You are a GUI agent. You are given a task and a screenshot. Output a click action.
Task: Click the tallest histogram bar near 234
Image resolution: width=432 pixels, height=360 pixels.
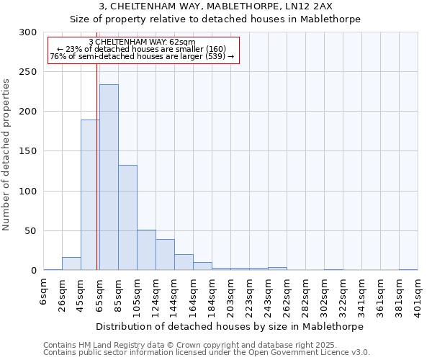pos(109,177)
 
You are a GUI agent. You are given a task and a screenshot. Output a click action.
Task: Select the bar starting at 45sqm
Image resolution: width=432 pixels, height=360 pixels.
pos(90,194)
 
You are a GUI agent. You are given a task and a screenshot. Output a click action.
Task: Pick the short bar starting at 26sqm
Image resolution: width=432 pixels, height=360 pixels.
pos(71,264)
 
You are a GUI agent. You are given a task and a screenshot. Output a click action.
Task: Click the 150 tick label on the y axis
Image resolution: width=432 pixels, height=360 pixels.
pos(29,151)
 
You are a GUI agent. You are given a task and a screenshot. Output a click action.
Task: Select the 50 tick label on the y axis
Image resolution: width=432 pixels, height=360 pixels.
pos(32,231)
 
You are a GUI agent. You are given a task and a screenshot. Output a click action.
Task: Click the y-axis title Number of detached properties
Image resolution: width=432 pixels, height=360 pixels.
pos(6,151)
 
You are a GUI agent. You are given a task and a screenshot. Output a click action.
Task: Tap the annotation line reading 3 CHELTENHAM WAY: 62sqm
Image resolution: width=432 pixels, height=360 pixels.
pos(141,42)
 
